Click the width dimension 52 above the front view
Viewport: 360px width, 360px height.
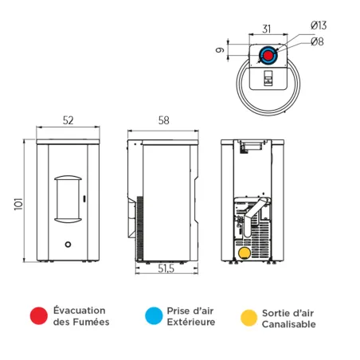click(68, 120)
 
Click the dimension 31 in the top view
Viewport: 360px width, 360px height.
click(267, 29)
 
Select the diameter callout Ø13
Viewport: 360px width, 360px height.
click(318, 25)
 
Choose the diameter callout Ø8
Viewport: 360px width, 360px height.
click(316, 41)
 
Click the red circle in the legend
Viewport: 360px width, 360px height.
click(37, 316)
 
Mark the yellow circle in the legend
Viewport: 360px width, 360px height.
click(249, 317)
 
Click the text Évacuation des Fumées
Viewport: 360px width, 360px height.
click(80, 316)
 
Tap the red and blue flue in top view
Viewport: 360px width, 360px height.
click(269, 56)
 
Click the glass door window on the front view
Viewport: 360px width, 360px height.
click(68, 196)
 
